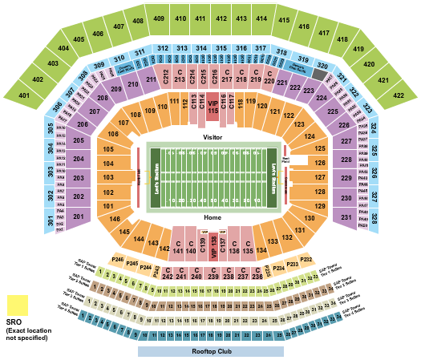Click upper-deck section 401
(24, 96)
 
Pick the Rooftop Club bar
(211, 350)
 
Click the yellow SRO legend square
(17, 305)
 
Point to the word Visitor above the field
(213, 137)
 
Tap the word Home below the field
(213, 217)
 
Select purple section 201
(78, 216)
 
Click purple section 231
(346, 217)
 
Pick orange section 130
(310, 219)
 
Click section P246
(118, 259)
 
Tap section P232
(306, 259)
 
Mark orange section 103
(108, 176)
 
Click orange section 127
(319, 177)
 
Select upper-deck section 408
(139, 22)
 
